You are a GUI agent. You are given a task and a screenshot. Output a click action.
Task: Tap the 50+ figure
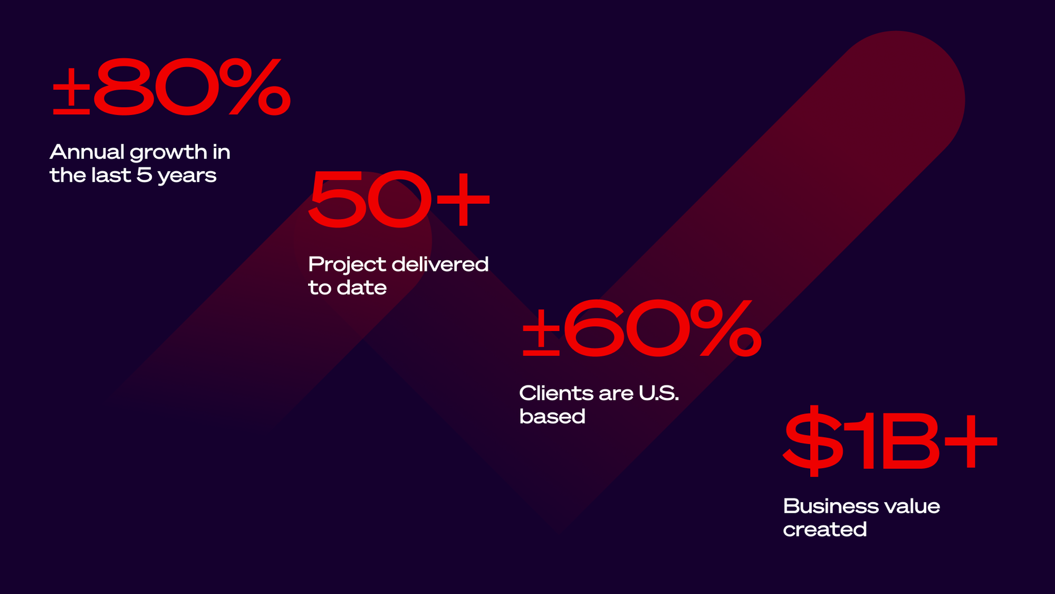(399, 200)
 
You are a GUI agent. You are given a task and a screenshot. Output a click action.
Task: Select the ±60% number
(642, 327)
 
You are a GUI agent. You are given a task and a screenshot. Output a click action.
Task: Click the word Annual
(87, 152)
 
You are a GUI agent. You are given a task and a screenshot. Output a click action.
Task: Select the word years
(187, 176)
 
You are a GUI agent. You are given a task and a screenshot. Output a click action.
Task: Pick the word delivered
(440, 264)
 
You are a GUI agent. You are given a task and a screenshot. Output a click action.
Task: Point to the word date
(362, 288)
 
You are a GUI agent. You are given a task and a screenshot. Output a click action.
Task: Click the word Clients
(557, 393)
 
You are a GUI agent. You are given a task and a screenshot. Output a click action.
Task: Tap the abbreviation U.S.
(659, 393)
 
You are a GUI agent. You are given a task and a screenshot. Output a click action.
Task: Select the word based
(552, 416)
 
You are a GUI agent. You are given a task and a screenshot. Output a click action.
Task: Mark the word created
(825, 529)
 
